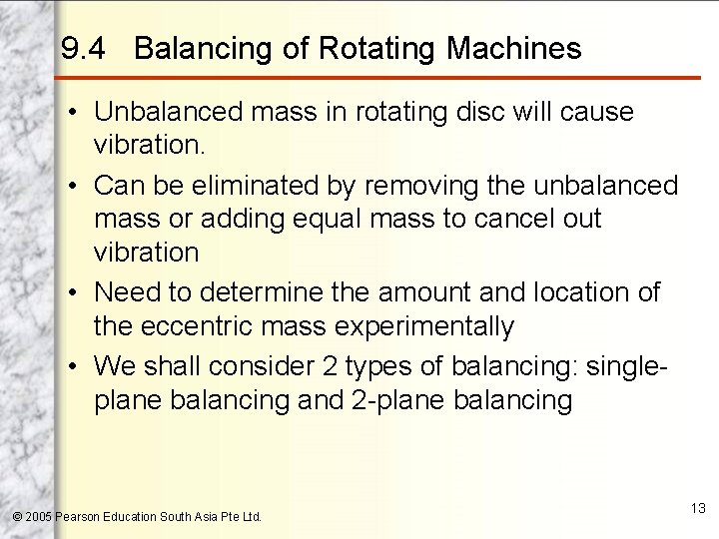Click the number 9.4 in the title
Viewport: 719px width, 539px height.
85,49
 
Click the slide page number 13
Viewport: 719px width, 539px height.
697,509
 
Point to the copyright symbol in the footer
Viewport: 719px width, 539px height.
15,517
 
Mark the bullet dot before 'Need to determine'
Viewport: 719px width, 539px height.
75,292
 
